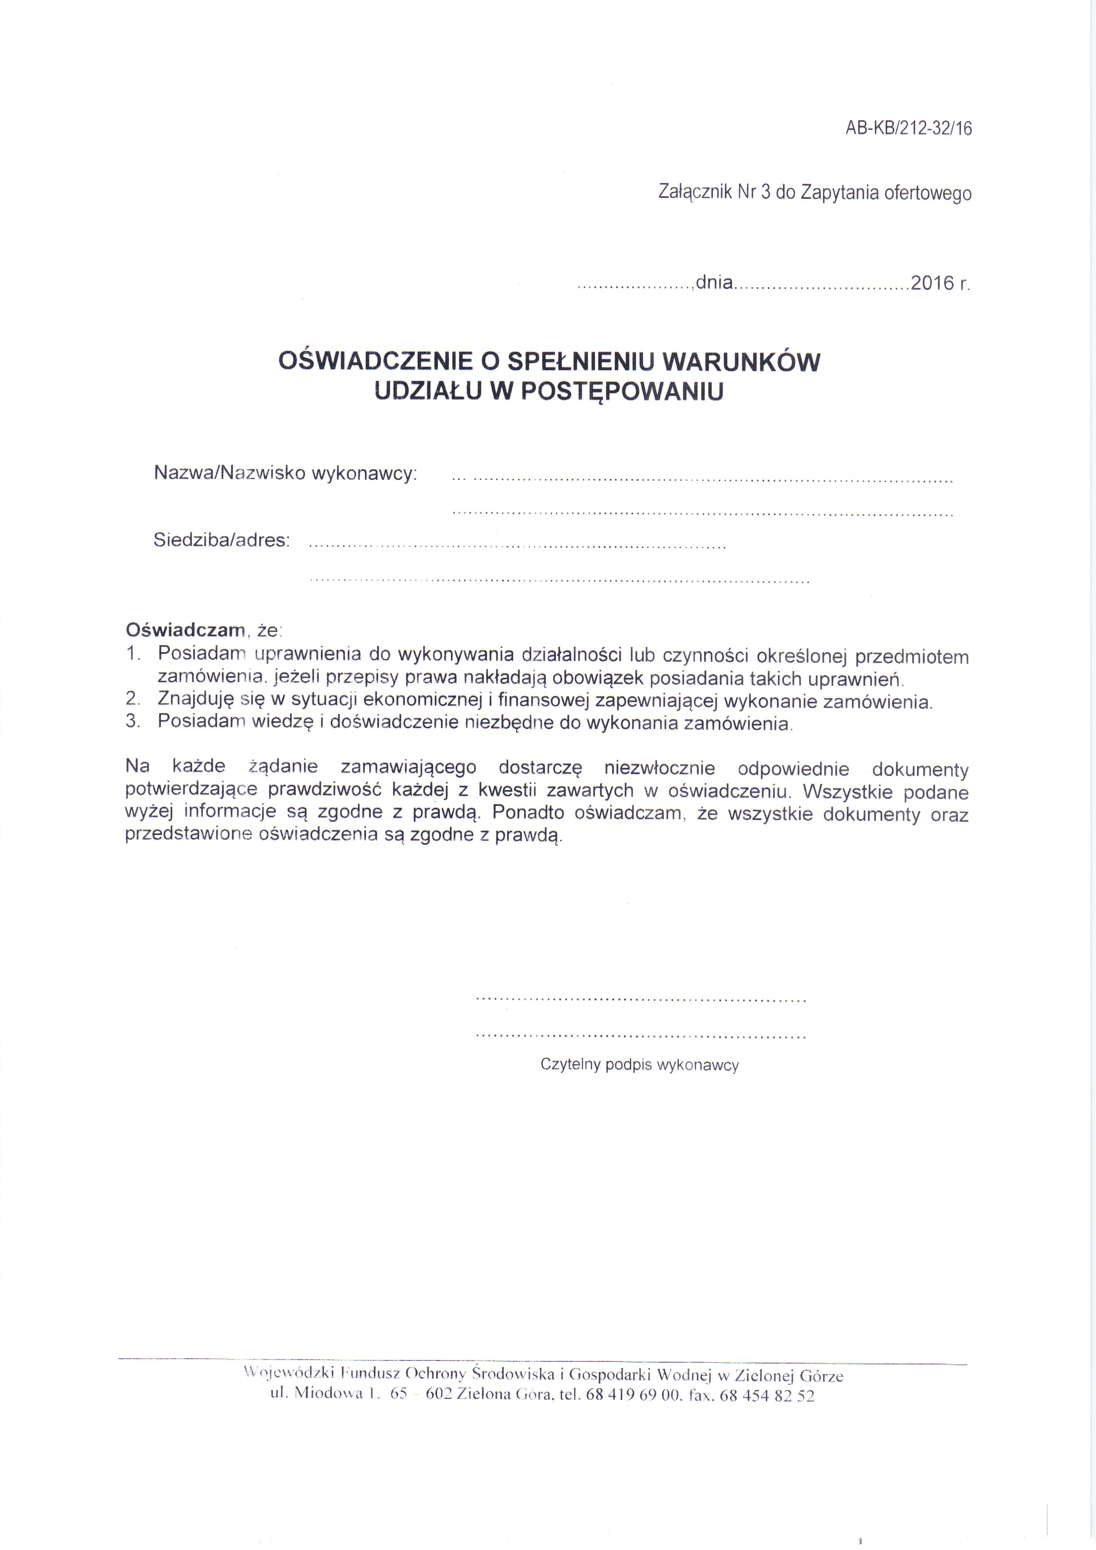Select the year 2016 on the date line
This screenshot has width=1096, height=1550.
932,283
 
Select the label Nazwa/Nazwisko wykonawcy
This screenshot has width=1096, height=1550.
285,473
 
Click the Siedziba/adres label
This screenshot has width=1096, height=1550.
221,540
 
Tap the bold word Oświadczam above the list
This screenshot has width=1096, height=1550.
185,630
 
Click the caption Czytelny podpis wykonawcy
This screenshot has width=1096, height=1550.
639,1064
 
